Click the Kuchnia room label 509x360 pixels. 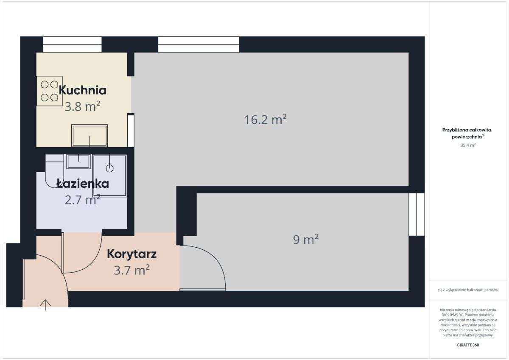pos(82,90)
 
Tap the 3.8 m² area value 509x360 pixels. pos(82,106)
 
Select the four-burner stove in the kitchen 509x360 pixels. pos(49,91)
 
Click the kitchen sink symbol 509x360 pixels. pos(89,135)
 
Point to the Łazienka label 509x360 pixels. pos(83,184)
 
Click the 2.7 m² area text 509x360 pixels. pos(82,199)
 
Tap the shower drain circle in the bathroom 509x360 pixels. pos(110,168)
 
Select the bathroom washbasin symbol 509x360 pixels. pos(78,161)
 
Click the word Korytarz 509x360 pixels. pos(132,254)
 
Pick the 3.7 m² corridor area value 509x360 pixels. pos(132,270)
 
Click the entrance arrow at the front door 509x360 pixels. pos(45,304)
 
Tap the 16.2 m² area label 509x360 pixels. pos(266,120)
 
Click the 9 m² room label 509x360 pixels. pos(306,240)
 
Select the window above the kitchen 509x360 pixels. pos(73,44)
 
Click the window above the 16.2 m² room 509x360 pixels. pos(199,44)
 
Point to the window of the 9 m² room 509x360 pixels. pos(417,214)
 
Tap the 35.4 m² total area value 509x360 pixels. pos(468,145)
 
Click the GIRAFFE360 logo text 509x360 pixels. pos(468,345)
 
